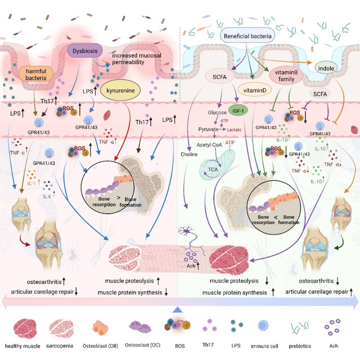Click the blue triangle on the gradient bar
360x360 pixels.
pos(178,309)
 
